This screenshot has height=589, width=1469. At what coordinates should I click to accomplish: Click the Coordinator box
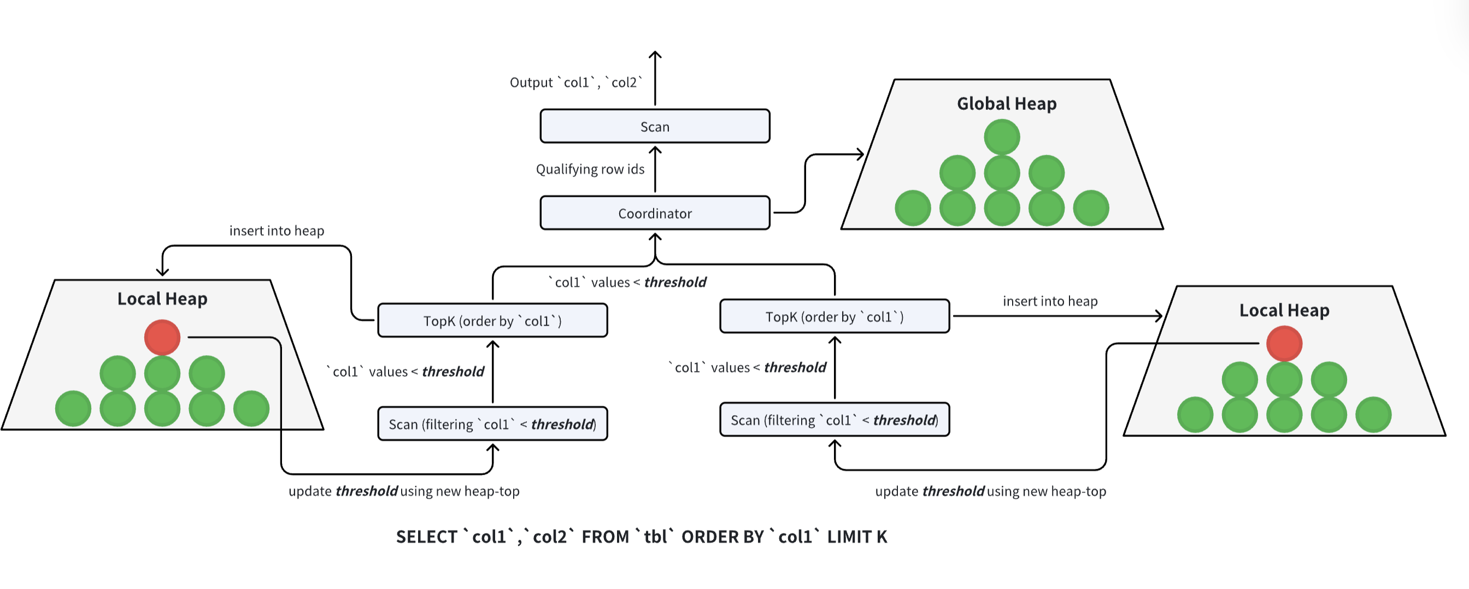[x=655, y=213]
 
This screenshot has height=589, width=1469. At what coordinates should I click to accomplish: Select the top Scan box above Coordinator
[x=655, y=126]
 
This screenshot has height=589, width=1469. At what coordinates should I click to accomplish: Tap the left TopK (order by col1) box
[x=492, y=320]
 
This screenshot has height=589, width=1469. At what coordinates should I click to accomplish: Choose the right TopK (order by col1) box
[x=835, y=316]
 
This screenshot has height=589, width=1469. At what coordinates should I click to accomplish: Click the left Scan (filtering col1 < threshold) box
[x=492, y=423]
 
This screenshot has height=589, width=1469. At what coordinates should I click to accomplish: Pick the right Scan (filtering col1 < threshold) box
[x=835, y=420]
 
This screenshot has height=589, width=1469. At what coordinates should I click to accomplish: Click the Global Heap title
[x=1007, y=104]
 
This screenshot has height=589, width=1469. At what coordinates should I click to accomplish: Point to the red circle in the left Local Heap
[x=162, y=337]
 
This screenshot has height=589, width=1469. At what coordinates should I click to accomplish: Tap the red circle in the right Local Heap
[x=1284, y=343]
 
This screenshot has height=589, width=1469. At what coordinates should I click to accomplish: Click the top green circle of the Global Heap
[x=1001, y=137]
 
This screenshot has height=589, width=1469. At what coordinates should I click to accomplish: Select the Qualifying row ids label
[x=590, y=169]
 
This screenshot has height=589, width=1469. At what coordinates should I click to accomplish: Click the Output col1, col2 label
[x=576, y=83]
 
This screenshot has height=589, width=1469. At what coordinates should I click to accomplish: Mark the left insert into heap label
[x=277, y=231]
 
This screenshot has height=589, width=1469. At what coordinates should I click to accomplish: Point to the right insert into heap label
[x=1050, y=301]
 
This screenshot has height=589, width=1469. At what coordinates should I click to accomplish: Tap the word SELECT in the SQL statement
[x=427, y=537]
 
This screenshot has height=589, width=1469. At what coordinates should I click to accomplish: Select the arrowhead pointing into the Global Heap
[x=860, y=154]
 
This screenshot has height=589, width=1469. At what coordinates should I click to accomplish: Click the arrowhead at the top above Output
[x=655, y=55]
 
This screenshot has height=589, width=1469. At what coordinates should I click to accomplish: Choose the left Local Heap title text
[x=162, y=299]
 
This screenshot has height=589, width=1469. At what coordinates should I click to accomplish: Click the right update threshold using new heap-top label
[x=991, y=491]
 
